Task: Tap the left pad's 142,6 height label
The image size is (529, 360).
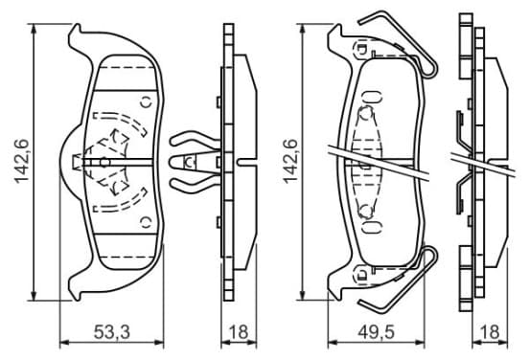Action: click(x=22, y=162)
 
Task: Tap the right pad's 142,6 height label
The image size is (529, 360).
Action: click(x=290, y=162)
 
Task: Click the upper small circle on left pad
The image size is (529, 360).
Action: click(x=147, y=101)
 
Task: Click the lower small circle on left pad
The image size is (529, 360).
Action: click(x=147, y=222)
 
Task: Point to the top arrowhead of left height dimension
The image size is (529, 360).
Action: click(x=34, y=29)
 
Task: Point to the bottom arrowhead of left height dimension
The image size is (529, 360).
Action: click(x=34, y=296)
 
